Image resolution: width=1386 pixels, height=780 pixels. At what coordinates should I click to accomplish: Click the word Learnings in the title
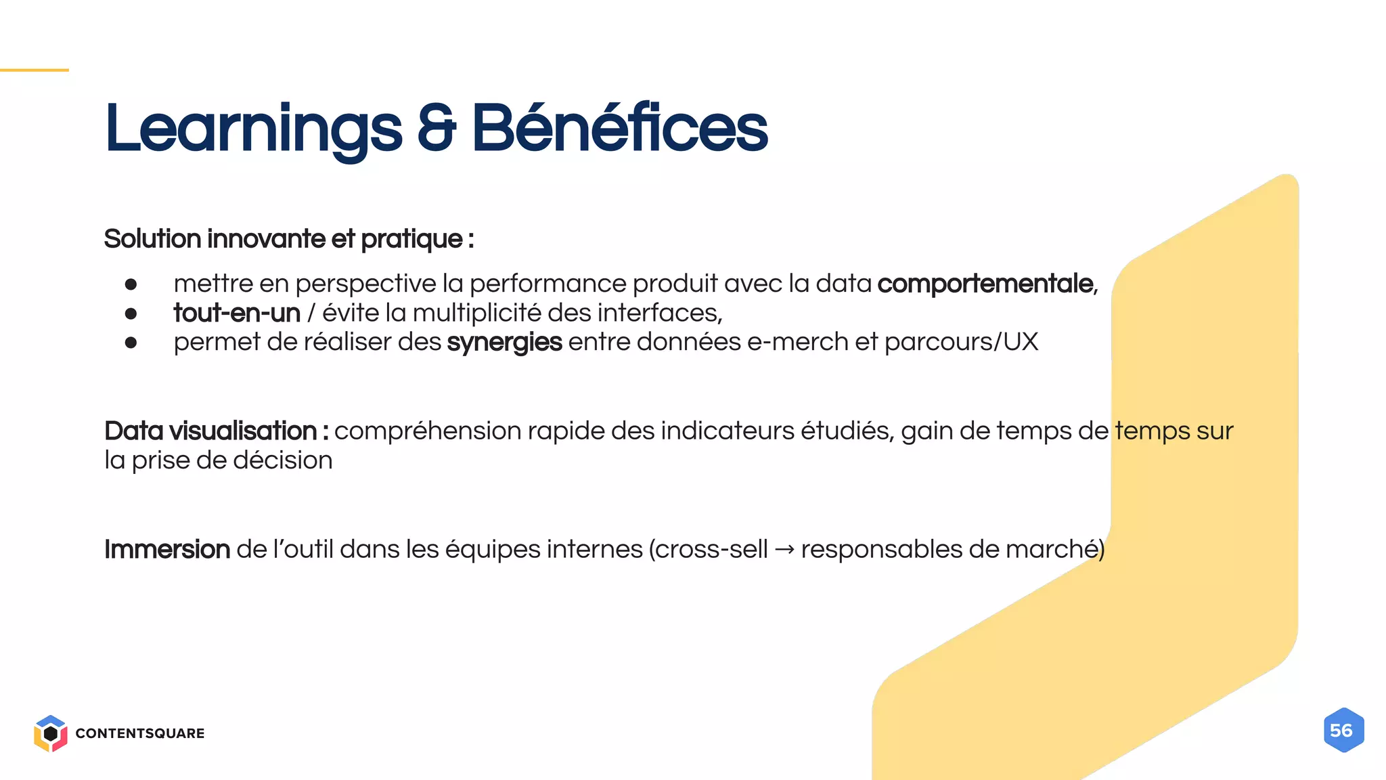point(253,129)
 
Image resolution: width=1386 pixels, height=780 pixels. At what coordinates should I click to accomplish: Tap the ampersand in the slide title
point(437,129)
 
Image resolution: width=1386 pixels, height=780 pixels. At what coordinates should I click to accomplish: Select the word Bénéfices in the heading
point(619,129)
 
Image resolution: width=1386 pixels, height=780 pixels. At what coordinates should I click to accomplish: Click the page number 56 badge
point(1343,731)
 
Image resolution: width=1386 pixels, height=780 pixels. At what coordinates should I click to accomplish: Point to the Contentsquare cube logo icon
point(50,733)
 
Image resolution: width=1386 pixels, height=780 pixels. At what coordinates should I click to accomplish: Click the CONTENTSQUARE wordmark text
point(140,733)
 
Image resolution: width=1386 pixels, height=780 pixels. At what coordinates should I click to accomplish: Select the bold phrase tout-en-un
point(237,313)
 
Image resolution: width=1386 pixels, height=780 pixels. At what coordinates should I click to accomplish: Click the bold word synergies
point(504,343)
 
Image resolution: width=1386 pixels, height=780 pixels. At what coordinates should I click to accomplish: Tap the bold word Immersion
point(167,549)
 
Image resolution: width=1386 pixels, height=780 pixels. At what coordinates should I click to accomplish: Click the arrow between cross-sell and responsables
point(784,549)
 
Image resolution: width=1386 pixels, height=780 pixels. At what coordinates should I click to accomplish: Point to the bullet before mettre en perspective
point(131,284)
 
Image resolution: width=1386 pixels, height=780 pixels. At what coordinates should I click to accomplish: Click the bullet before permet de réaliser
point(131,343)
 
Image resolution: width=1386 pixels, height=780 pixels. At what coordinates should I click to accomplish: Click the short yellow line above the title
point(34,70)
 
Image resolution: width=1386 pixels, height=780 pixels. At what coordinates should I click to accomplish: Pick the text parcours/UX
point(961,342)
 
